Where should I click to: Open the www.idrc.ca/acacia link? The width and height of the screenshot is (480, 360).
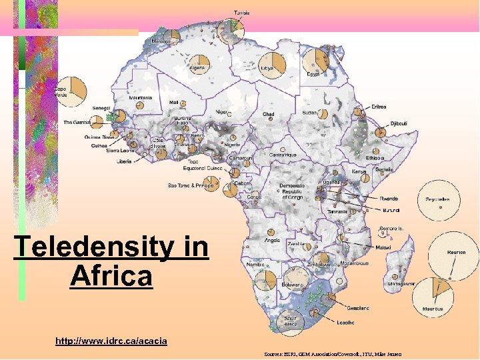[111, 341]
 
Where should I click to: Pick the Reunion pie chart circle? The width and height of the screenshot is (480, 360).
[453, 253]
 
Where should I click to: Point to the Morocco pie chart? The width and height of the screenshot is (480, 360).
[172, 36]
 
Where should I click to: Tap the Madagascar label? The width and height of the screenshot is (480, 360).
[400, 283]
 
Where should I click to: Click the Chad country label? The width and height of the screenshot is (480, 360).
[268, 114]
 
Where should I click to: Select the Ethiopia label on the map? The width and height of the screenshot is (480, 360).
[374, 158]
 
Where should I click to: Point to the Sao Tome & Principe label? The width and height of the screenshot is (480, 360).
[191, 185]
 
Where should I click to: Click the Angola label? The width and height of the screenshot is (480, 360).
[273, 240]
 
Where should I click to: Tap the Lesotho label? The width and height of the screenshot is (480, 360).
[345, 323]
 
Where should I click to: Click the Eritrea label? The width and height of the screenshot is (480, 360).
[378, 107]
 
